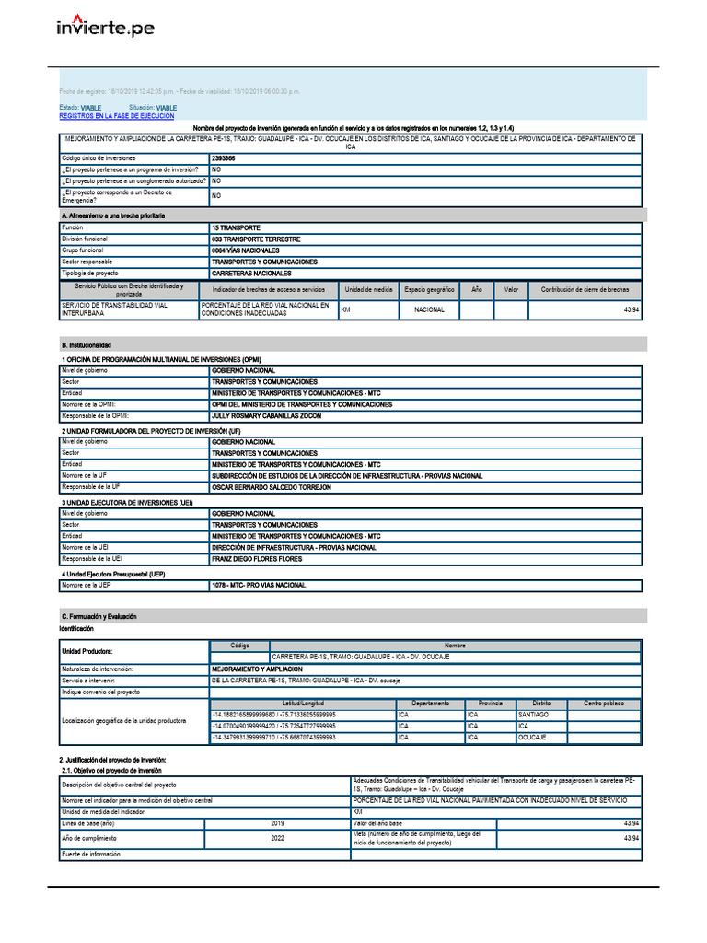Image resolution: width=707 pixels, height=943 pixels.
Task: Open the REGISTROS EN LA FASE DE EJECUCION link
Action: [x=116, y=117]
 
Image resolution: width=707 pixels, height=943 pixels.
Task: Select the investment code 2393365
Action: [x=223, y=158]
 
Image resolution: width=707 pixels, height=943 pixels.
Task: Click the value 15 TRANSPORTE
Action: [x=236, y=227]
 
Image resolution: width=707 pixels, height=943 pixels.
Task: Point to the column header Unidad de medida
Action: [x=368, y=289]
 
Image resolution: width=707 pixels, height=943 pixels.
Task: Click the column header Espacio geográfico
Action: [x=429, y=289]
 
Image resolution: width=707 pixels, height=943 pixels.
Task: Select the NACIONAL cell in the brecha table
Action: [x=429, y=310]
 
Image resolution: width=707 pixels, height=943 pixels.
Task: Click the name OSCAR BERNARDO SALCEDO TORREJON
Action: [x=271, y=487]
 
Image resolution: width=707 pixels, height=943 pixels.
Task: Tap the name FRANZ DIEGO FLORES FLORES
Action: [x=257, y=559]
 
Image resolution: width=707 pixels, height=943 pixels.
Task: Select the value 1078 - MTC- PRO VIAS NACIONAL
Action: [x=259, y=585]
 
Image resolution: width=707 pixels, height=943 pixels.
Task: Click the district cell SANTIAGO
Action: [x=533, y=715]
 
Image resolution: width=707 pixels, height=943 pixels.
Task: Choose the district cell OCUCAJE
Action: [x=532, y=738]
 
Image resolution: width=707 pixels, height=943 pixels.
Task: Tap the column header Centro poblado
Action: [x=604, y=703]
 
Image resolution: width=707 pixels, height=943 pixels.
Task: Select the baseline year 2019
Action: [x=278, y=822]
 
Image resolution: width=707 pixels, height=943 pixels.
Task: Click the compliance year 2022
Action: [x=278, y=838]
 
